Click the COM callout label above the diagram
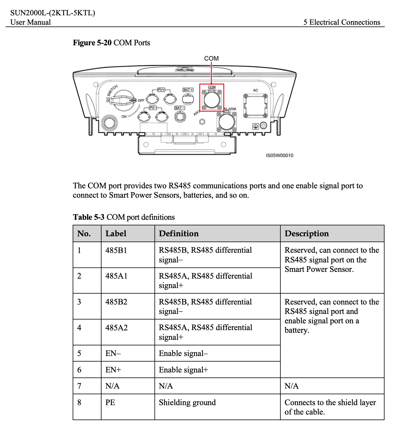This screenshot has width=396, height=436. pyautogui.click(x=211, y=58)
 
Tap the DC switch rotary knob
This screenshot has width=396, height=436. pyautogui.click(x=124, y=100)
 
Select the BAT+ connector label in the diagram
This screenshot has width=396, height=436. pyautogui.click(x=188, y=90)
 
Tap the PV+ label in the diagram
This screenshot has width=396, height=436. pyautogui.click(x=161, y=90)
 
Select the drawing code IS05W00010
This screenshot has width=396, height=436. pyautogui.click(x=279, y=155)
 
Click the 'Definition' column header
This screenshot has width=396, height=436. pyautogui.click(x=179, y=234)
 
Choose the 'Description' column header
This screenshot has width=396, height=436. pyautogui.click(x=307, y=234)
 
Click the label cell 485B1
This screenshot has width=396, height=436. pyautogui.click(x=116, y=250)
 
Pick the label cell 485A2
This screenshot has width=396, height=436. pyautogui.click(x=117, y=328)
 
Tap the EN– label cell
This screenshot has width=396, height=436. pyautogui.click(x=113, y=353)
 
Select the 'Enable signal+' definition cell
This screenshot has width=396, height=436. pyautogui.click(x=183, y=370)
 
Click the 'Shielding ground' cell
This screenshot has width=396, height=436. pyautogui.click(x=187, y=402)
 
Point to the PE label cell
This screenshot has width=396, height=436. pyautogui.click(x=110, y=402)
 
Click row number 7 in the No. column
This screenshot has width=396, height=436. pyautogui.click(x=79, y=386)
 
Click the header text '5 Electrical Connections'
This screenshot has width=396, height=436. pyautogui.click(x=342, y=22)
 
